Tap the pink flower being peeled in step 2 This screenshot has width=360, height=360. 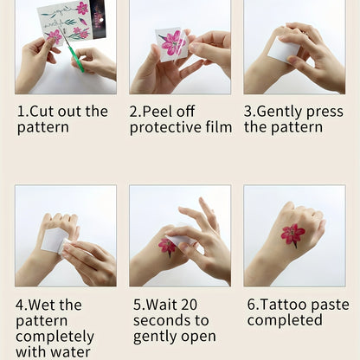(173, 43)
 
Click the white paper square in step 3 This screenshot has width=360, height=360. (284, 50)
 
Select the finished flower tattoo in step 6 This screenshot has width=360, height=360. (292, 235)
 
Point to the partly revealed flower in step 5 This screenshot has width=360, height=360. (167, 247)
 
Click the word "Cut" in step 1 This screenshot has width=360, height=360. (42, 112)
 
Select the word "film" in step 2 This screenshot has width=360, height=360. (219, 127)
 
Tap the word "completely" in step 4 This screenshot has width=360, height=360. (55, 337)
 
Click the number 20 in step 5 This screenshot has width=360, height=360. (189, 305)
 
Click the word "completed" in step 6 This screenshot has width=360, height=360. (285, 321)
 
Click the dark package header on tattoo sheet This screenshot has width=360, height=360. (98, 18)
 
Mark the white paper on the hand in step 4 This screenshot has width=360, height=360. (54, 240)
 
